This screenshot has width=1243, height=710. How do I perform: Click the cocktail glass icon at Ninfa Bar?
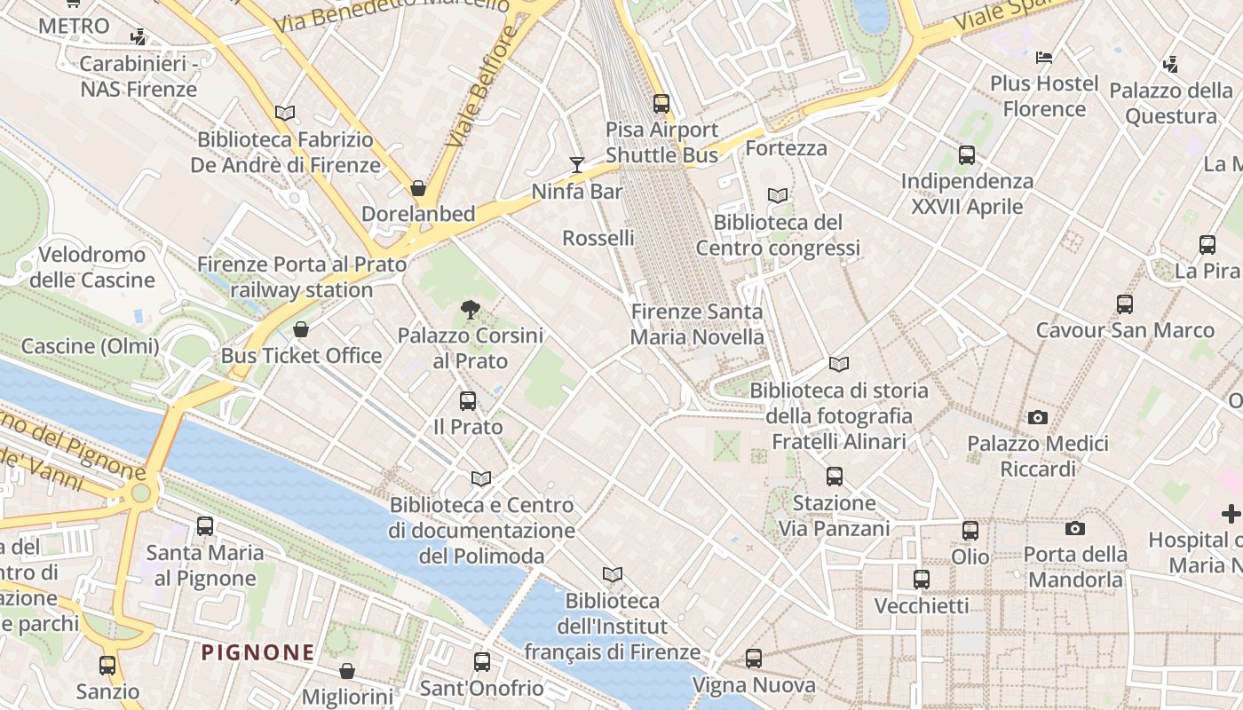(x=577, y=164)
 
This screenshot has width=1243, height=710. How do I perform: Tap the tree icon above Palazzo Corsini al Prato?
(x=471, y=310)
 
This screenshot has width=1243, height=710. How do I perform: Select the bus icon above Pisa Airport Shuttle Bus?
(x=661, y=103)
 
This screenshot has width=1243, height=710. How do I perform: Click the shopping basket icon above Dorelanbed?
(x=418, y=188)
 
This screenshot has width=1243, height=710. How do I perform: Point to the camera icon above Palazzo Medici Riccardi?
(x=1037, y=417)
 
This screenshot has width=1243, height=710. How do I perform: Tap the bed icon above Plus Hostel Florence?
(x=1044, y=58)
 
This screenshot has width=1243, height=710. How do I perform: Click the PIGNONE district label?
(x=257, y=653)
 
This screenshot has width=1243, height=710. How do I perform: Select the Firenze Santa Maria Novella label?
(x=697, y=325)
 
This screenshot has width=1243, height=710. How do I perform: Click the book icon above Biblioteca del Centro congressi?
(x=778, y=195)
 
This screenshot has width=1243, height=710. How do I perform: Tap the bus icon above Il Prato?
(x=468, y=400)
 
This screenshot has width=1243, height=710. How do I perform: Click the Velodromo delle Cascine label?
(x=87, y=267)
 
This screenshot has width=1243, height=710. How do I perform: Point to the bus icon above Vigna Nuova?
(x=754, y=659)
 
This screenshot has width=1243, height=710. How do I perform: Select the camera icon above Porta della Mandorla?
(x=1075, y=529)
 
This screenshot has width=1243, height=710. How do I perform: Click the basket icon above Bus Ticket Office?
(x=301, y=329)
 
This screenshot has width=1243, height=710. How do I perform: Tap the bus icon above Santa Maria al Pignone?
(x=205, y=526)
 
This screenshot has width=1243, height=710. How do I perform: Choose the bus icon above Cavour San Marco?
(x=1125, y=304)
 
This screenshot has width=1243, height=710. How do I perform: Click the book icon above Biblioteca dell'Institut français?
(x=612, y=574)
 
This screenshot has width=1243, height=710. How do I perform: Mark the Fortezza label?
(x=786, y=148)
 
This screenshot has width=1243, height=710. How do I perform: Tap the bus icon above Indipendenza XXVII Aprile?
(x=967, y=155)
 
